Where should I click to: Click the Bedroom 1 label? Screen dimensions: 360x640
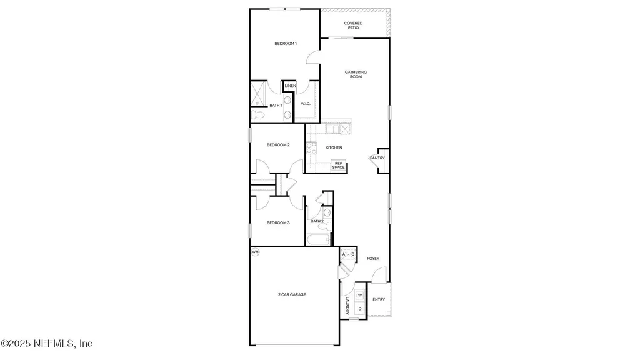click(x=286, y=44)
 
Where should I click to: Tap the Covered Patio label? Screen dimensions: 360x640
click(x=353, y=26)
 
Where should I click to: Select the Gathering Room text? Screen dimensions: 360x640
click(x=356, y=74)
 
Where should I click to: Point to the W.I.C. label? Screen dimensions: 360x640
click(x=306, y=103)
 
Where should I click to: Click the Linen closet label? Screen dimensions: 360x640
click(x=290, y=86)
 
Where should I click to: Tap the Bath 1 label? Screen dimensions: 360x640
click(x=276, y=105)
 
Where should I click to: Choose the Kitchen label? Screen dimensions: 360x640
click(x=334, y=147)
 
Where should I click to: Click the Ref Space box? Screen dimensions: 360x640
click(x=338, y=166)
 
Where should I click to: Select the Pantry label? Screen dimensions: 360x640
click(x=377, y=158)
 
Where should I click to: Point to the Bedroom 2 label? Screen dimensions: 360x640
click(x=278, y=145)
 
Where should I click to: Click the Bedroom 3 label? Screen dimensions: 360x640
click(x=278, y=222)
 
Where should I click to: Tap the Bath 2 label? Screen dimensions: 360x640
click(x=317, y=221)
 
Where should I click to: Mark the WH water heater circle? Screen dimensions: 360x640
click(x=255, y=252)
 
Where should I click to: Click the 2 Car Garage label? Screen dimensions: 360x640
click(x=292, y=294)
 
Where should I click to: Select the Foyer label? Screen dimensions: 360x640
click(x=373, y=258)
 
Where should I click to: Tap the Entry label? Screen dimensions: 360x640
click(x=379, y=300)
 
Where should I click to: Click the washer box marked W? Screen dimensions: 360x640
click(x=360, y=295)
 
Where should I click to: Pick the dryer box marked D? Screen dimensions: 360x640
click(x=360, y=309)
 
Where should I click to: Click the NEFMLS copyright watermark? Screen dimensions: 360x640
click(x=47, y=344)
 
